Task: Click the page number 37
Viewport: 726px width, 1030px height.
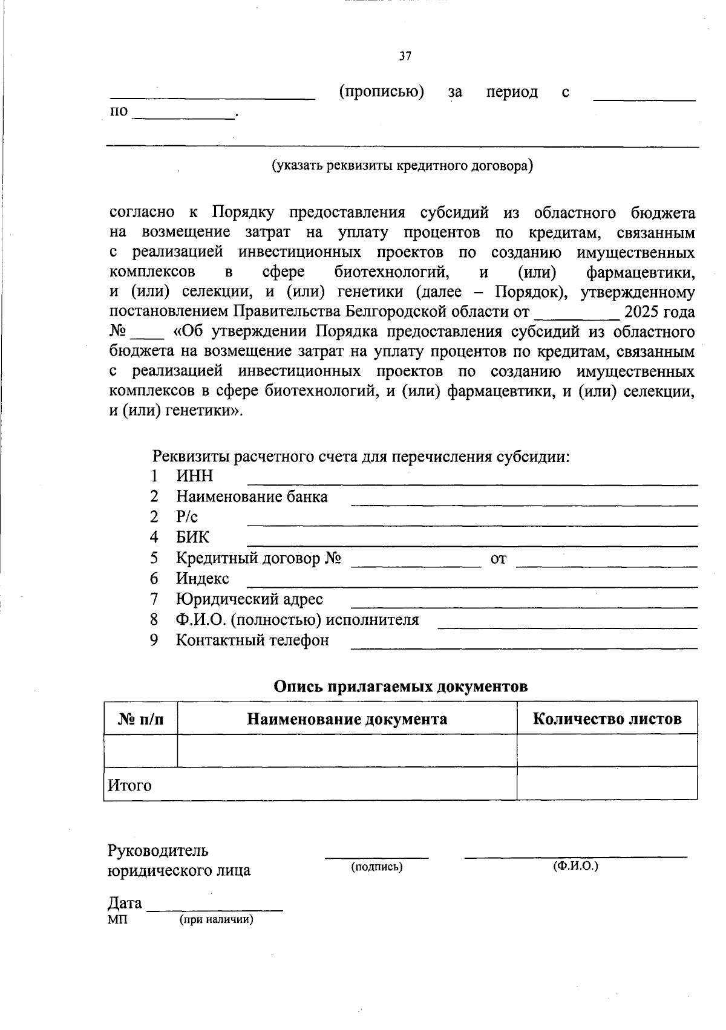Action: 405,57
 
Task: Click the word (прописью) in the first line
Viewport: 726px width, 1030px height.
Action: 381,92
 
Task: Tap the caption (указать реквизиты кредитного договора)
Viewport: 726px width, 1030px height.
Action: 402,165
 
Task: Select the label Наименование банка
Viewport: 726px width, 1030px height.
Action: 252,497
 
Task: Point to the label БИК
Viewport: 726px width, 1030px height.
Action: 193,537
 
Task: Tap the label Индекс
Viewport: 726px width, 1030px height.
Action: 203,578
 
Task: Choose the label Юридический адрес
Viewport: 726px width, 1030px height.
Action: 249,599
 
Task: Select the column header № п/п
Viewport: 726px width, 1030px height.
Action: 140,719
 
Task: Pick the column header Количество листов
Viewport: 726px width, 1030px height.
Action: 607,719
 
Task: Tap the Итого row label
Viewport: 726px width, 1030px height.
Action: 129,786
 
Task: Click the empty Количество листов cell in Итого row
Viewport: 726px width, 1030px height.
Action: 607,784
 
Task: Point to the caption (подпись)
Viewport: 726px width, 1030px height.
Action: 377,867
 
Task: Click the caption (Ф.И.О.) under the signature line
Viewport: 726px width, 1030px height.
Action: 575,865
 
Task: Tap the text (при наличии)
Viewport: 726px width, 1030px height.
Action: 216,920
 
